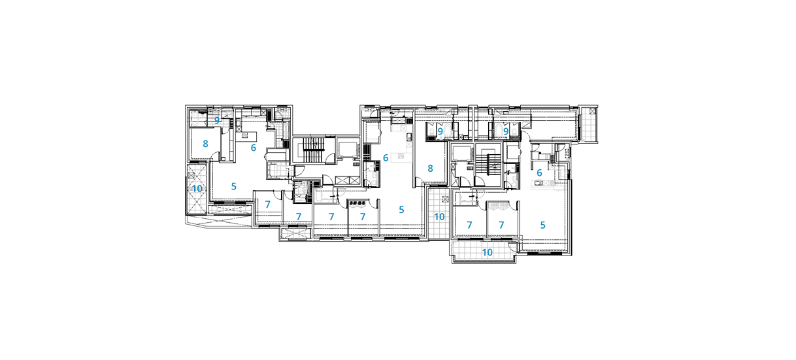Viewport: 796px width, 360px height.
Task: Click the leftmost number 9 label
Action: (x=217, y=121)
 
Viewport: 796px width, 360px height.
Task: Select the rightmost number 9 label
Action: (x=506, y=131)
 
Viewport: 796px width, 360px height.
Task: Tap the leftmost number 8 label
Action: (x=205, y=144)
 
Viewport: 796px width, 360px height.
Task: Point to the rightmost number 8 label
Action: (x=430, y=169)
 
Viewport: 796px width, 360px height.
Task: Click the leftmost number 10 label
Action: (x=197, y=189)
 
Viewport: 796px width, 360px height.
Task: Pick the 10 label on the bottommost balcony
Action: (x=487, y=252)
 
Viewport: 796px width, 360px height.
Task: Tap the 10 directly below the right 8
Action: (x=440, y=217)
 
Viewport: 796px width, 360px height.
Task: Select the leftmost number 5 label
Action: (x=234, y=186)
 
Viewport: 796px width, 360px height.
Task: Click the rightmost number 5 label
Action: (x=542, y=225)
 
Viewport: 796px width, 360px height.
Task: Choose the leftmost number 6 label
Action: (x=254, y=148)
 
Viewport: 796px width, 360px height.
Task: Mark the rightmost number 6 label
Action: (x=539, y=172)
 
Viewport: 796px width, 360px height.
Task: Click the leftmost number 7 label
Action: (x=268, y=205)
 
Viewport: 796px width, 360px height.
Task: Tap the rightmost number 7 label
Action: (x=501, y=225)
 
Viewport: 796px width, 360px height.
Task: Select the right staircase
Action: (x=488, y=165)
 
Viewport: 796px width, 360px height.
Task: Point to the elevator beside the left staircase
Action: (x=347, y=150)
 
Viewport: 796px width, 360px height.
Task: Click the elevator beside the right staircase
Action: (x=461, y=153)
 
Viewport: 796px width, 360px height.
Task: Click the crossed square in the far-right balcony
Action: (x=592, y=111)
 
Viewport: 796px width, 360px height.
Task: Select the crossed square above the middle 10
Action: (x=446, y=199)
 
